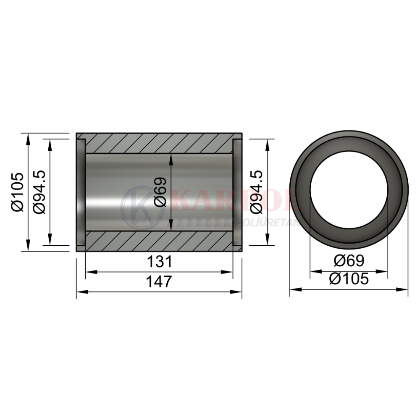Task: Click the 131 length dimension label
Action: (159, 262)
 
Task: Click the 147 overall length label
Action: (159, 281)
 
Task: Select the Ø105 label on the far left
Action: (18, 192)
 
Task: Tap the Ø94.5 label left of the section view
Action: (39, 192)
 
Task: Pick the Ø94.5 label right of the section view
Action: (256, 192)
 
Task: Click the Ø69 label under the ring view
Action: (349, 260)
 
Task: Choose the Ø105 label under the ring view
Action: (349, 279)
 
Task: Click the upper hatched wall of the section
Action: (159, 143)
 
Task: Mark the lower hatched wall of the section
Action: (159, 241)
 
